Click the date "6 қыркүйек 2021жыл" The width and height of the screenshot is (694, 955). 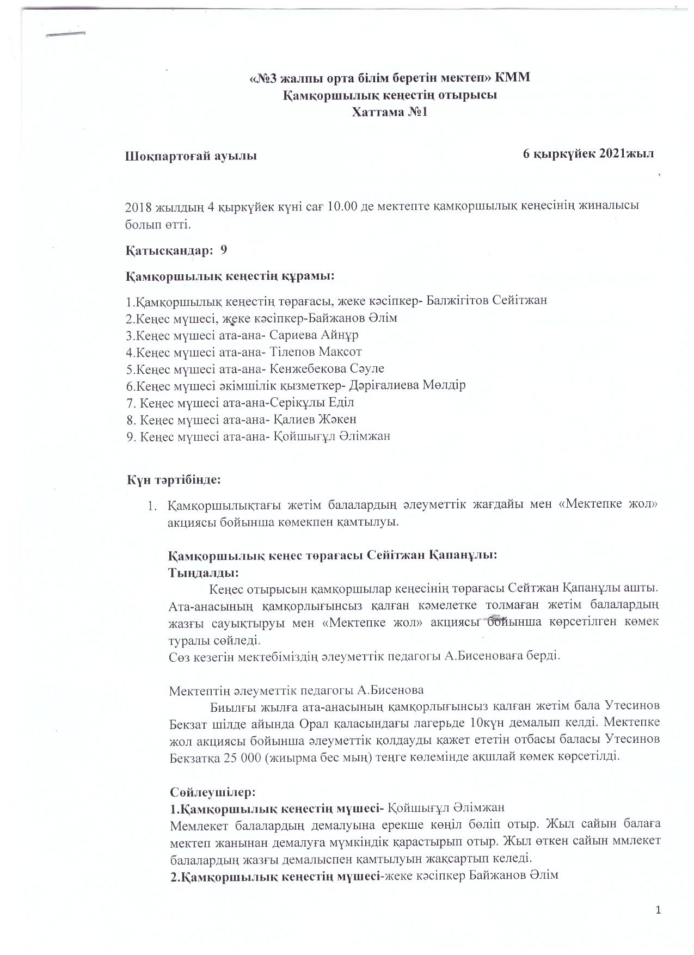click(588, 153)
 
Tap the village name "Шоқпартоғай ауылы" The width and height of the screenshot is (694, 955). click(191, 157)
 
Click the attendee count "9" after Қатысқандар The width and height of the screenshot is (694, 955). click(224, 250)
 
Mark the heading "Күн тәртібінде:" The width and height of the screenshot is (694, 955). click(174, 480)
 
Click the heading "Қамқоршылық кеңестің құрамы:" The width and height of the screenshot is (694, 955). click(230, 276)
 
